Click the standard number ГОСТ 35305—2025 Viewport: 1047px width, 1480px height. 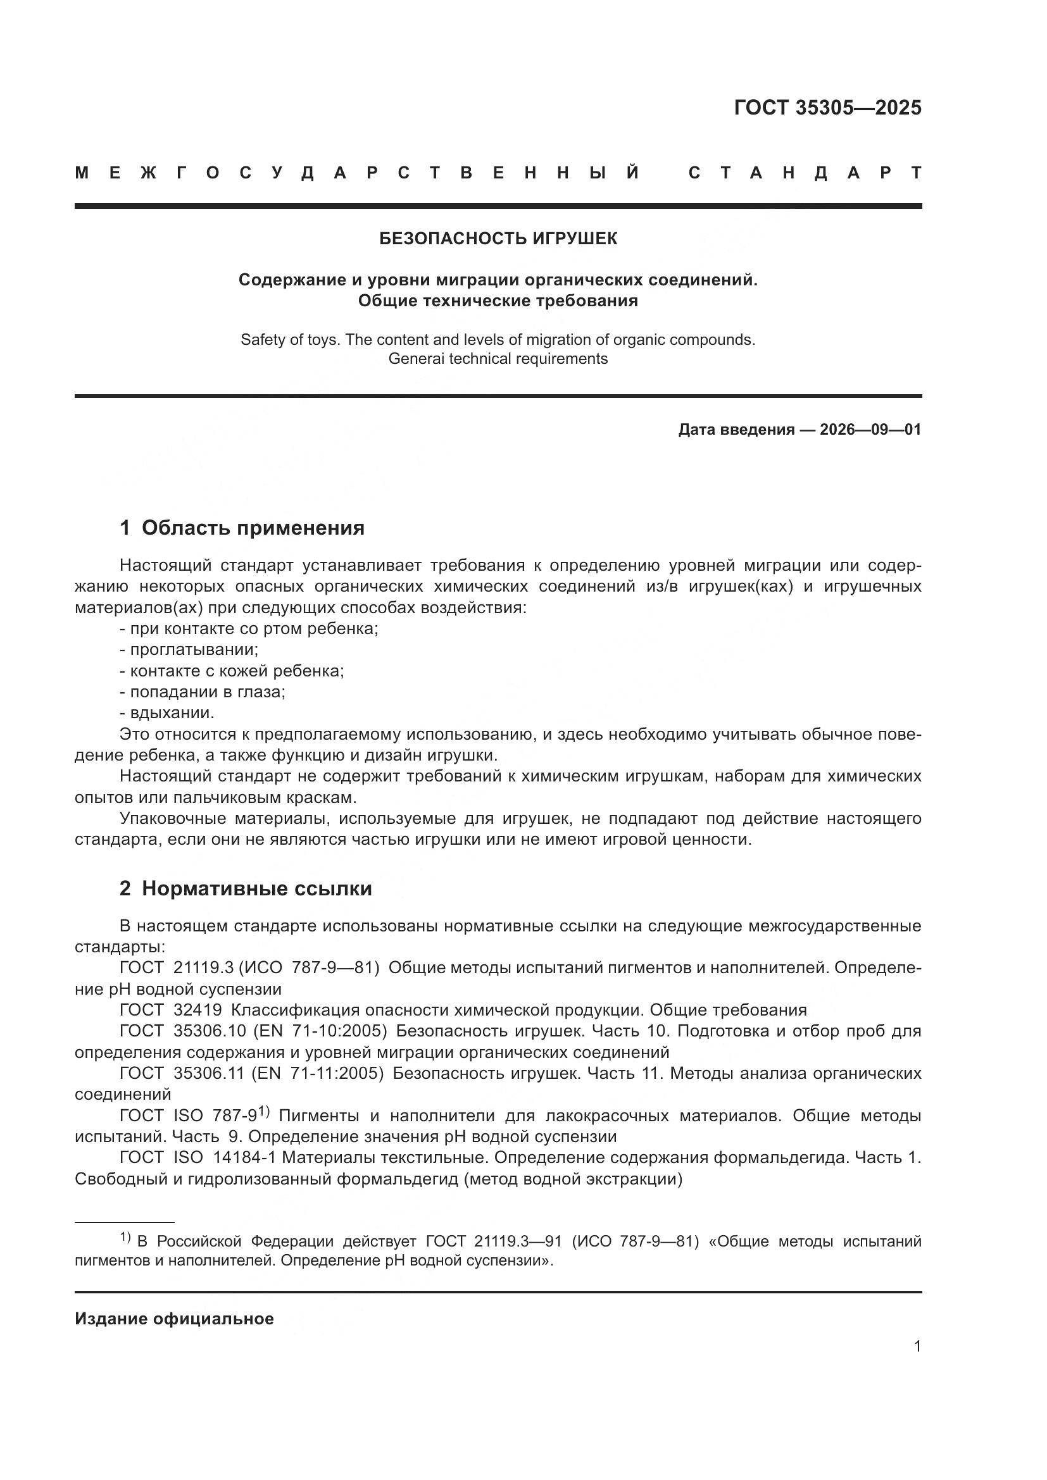[827, 108]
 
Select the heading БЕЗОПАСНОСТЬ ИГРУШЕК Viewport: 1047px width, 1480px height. [498, 239]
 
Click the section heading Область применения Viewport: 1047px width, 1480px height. [253, 528]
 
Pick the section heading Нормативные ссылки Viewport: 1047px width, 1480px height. [256, 889]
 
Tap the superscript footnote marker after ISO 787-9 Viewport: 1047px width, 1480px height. [264, 1111]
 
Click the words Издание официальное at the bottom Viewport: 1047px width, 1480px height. [174, 1319]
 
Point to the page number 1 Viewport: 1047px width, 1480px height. [917, 1346]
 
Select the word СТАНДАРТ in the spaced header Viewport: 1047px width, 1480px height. [805, 173]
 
